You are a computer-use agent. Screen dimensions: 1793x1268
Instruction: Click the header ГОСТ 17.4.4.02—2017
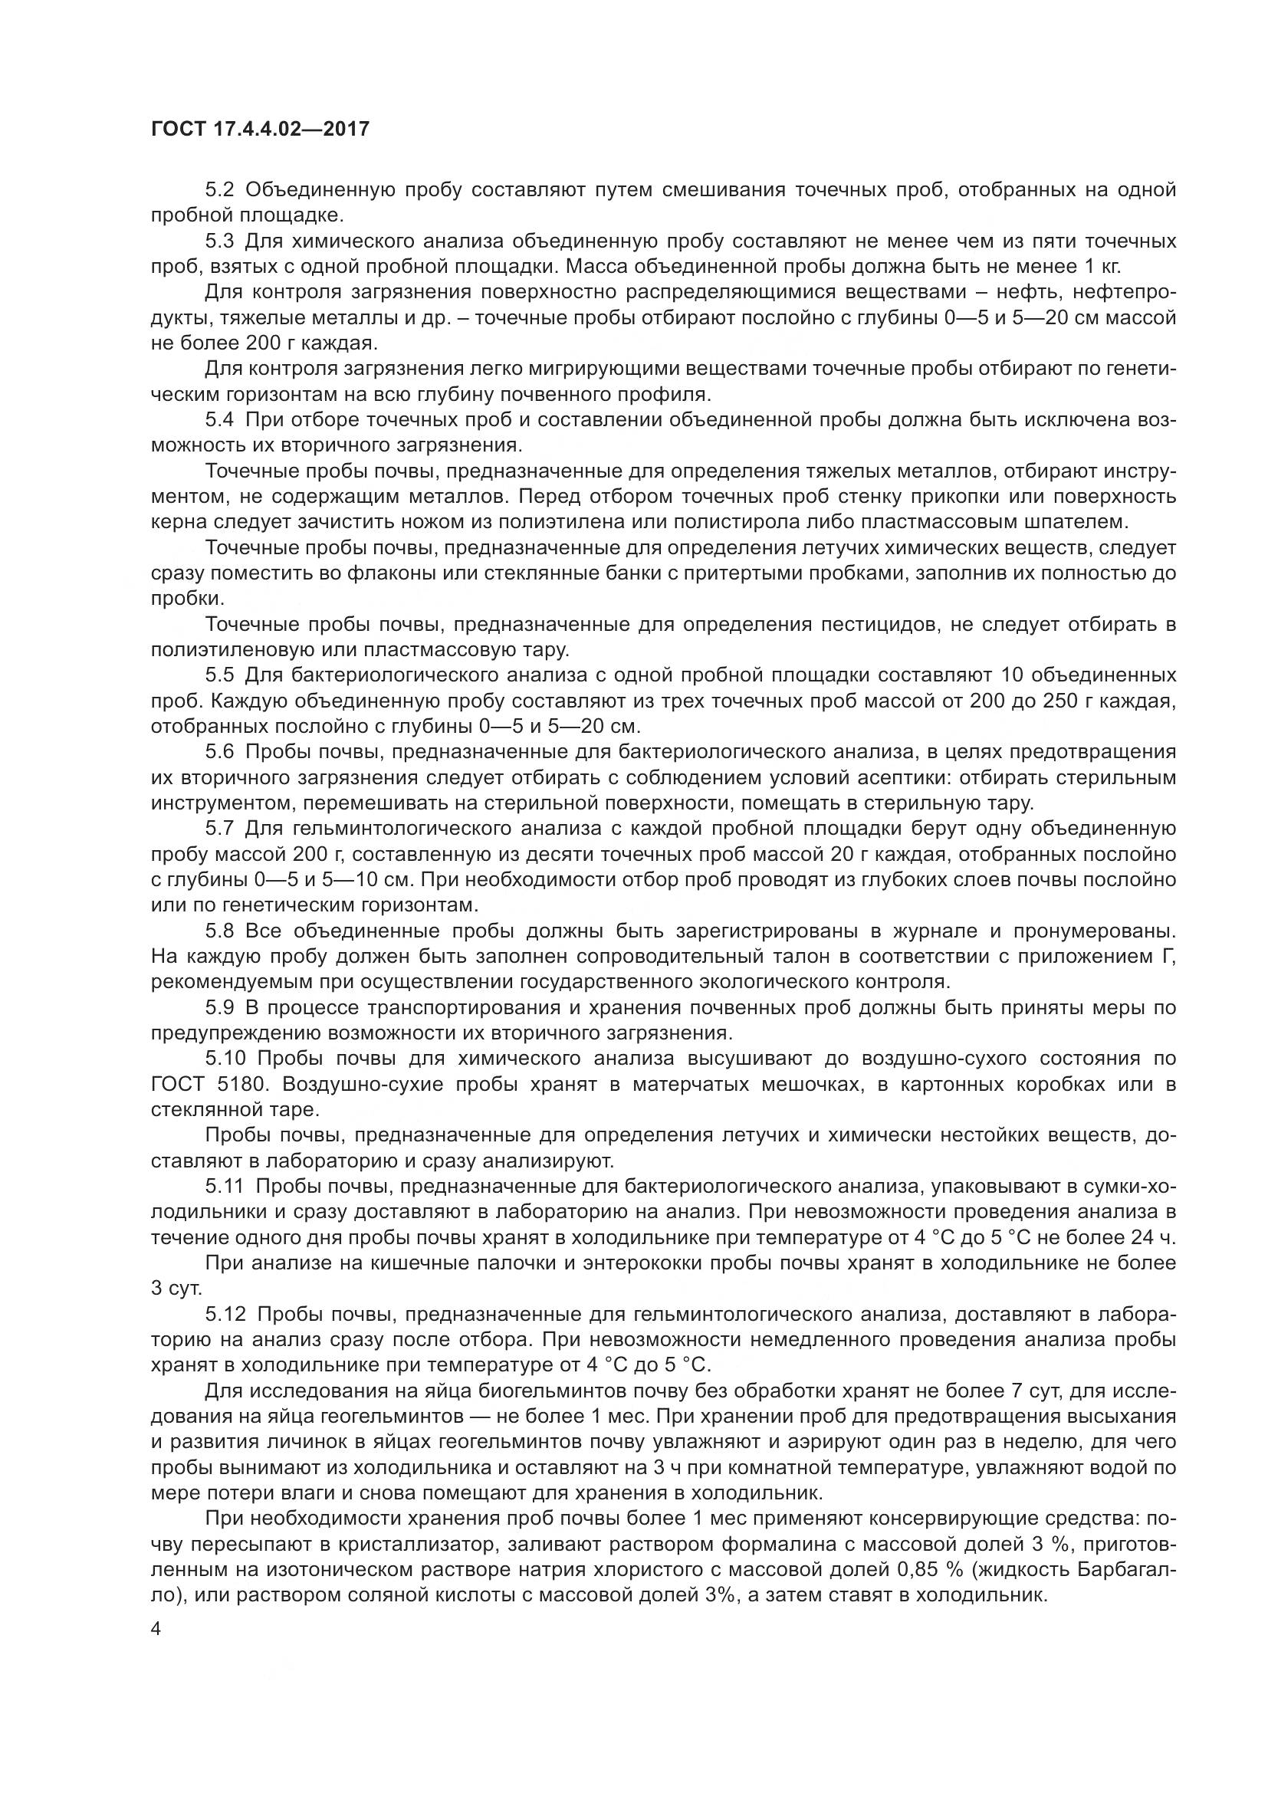(x=260, y=130)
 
